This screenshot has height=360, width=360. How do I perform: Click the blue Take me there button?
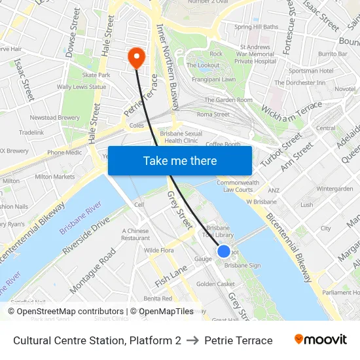click(x=180, y=160)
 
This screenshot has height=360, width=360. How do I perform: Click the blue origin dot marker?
click(x=223, y=251)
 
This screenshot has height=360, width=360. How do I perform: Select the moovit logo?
click(x=321, y=340)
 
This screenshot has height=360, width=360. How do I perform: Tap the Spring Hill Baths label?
click(x=256, y=27)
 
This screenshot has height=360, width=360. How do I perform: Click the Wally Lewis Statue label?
click(x=81, y=86)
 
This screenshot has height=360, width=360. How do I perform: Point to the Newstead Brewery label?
click(x=55, y=118)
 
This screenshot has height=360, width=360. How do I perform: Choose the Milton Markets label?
click(x=55, y=177)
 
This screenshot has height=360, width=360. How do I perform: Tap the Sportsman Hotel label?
click(x=311, y=71)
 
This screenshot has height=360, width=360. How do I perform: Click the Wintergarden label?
click(x=334, y=189)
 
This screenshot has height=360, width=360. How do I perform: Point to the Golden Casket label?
click(x=215, y=284)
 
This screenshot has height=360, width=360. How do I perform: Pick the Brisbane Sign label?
click(x=242, y=266)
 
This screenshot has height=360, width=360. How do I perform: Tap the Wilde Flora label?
click(x=158, y=250)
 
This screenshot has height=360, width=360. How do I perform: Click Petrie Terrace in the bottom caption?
click(x=238, y=340)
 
